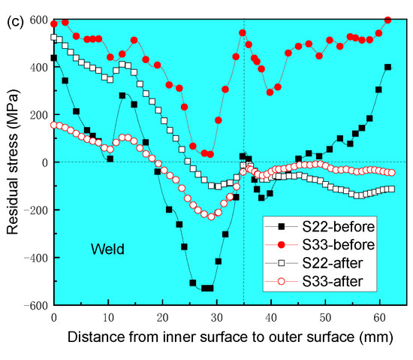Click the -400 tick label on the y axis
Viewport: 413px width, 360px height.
click(32, 258)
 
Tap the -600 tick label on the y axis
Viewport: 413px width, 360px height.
click(32, 306)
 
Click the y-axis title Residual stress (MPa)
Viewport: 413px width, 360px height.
click(12, 162)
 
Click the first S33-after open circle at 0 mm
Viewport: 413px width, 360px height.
click(54, 125)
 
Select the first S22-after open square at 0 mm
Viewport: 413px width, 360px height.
click(54, 37)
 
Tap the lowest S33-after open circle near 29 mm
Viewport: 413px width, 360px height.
click(211, 217)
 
